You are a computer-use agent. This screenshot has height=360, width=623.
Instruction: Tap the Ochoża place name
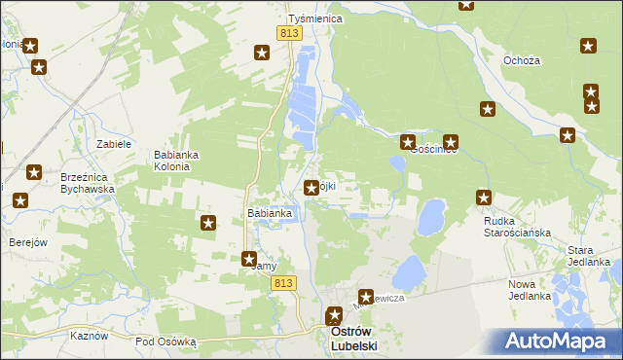(522, 60)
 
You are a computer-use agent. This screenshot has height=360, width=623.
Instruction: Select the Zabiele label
(114, 144)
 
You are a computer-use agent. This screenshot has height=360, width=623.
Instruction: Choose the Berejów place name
(28, 242)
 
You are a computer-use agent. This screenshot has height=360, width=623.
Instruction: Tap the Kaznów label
(88, 334)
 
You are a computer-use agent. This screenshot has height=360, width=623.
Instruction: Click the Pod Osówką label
(165, 342)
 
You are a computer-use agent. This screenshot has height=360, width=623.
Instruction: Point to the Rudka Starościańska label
(518, 227)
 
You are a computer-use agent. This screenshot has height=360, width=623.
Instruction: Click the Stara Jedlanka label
(589, 256)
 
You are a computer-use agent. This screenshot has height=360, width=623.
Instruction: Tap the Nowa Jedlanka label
(530, 289)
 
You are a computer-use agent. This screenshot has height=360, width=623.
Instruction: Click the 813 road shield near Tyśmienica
(288, 33)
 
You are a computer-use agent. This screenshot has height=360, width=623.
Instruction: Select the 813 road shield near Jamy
(283, 283)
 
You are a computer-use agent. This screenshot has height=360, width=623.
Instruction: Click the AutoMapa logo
(556, 342)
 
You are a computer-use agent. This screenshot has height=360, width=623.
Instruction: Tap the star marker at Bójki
(311, 188)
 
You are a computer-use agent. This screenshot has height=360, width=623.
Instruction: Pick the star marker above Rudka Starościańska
(484, 198)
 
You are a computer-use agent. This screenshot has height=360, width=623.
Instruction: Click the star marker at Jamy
(249, 259)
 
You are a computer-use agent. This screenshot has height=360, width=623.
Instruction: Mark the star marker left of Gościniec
(407, 143)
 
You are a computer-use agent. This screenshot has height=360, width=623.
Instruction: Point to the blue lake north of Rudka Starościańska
(430, 217)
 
